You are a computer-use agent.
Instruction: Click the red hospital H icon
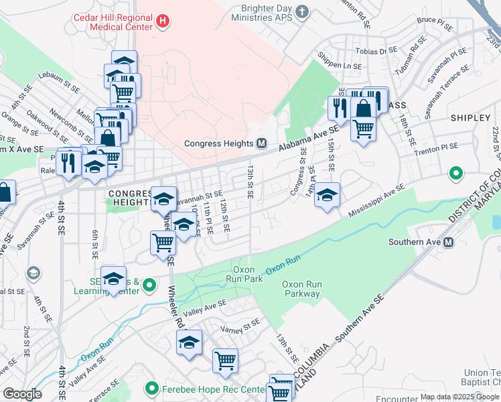click(161, 22)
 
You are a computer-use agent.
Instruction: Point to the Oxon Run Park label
click(246, 273)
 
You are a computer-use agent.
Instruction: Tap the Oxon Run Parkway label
click(301, 289)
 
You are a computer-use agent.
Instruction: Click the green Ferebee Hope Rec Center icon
click(151, 389)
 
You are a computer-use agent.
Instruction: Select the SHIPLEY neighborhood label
click(470, 117)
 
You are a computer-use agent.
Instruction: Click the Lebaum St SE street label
click(59, 82)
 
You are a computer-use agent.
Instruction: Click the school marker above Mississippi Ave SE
click(327, 195)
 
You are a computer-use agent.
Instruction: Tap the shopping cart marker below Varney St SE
click(226, 360)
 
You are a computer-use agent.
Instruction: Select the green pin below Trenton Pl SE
click(456, 174)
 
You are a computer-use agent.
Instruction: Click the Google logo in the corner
click(23, 394)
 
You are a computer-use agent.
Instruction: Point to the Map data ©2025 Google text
click(459, 397)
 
